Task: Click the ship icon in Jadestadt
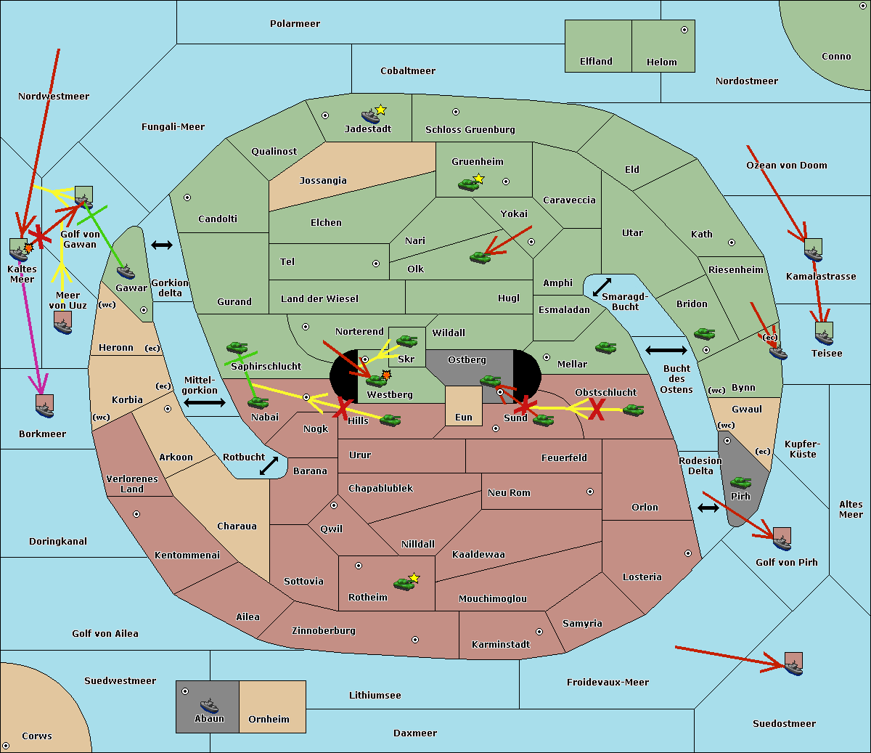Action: [x=370, y=115]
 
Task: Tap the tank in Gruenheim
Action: [x=468, y=184]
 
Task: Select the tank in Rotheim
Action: [x=404, y=584]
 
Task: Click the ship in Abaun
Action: [x=209, y=705]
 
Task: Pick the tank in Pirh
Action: [x=740, y=482]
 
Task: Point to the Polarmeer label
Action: [x=295, y=24]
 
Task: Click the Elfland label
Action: [x=596, y=62]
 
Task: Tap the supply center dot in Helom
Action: [x=684, y=30]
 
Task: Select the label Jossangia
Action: [x=323, y=181]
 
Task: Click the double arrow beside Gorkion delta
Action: [x=162, y=245]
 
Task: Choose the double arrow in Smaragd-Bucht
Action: [x=602, y=287]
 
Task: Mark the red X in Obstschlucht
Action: [x=597, y=409]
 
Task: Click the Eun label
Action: [x=464, y=418]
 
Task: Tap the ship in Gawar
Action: [x=126, y=272]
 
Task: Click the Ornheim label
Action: [x=269, y=720]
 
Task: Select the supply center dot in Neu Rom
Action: [x=590, y=492]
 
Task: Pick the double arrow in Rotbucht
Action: [x=269, y=465]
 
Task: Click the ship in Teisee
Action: [x=825, y=338]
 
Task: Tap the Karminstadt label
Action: [x=501, y=645]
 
